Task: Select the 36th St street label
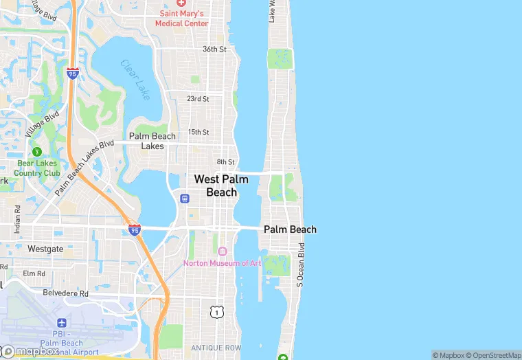click(214, 49)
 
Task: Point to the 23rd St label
click(198, 99)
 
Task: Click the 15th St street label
click(198, 132)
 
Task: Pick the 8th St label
click(226, 162)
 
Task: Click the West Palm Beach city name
click(221, 185)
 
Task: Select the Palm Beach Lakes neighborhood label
click(152, 141)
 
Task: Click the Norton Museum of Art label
click(222, 263)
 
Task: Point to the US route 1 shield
click(217, 312)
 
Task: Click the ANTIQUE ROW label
click(216, 348)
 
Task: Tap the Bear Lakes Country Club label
click(37, 168)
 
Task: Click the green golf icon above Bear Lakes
click(37, 152)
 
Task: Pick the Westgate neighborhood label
click(45, 249)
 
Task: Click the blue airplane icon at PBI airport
click(62, 322)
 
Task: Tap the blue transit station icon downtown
click(184, 199)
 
